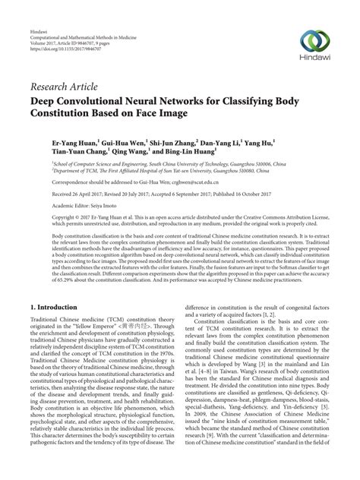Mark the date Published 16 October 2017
coord(255,195)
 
